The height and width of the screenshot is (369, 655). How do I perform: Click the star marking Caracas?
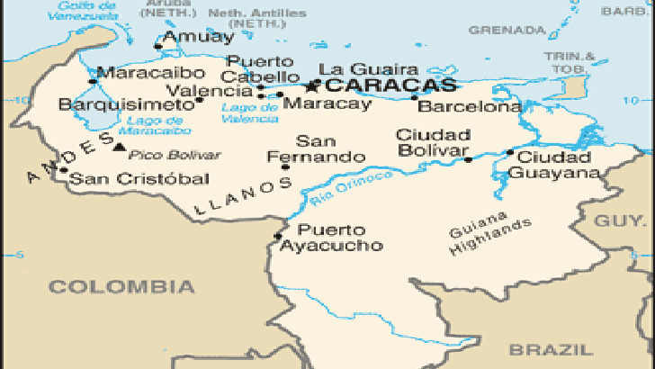click(x=312, y=86)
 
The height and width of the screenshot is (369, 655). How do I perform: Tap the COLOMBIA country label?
click(x=121, y=287)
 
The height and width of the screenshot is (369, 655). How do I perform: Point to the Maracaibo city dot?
click(x=92, y=81)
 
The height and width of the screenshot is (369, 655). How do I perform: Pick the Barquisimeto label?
click(x=125, y=104)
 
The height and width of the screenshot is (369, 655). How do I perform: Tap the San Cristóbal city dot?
click(x=63, y=169)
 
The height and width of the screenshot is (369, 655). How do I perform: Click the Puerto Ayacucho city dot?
click(x=278, y=237)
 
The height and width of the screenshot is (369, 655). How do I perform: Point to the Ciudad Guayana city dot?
click(x=509, y=153)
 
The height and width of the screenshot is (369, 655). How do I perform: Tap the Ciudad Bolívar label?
click(x=433, y=142)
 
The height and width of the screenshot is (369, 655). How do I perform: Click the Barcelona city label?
click(x=470, y=107)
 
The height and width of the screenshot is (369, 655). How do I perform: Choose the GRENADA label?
click(x=495, y=30)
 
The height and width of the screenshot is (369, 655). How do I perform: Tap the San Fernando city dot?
click(x=285, y=166)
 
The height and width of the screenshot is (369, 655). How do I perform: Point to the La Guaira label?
click(x=356, y=69)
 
